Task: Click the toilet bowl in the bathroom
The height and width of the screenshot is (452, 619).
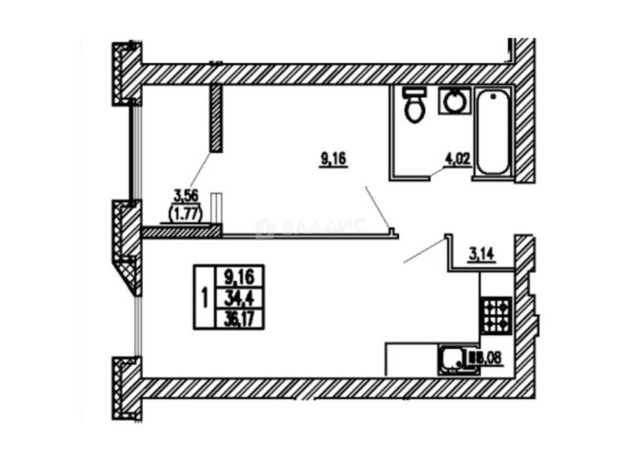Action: pos(413,109)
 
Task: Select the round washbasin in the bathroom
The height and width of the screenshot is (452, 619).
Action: pos(453,102)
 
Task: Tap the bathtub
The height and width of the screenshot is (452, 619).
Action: pos(493,131)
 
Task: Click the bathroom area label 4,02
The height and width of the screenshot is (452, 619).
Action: pos(458,160)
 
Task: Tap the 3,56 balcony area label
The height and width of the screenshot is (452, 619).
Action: pos(185,196)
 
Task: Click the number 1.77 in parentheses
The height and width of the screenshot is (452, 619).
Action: pos(185,215)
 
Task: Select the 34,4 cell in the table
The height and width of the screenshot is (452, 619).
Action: pos(239,298)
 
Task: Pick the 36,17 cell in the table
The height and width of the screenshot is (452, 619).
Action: pos(239,319)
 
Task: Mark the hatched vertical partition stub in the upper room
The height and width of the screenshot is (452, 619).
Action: pos(216,117)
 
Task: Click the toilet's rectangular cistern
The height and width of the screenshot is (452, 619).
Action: pos(414,92)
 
